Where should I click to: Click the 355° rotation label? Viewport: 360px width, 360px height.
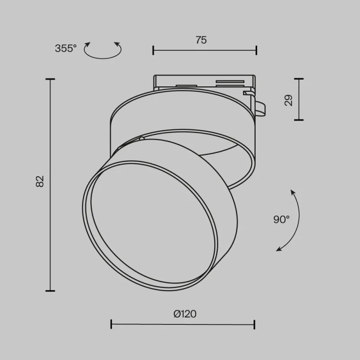(x=66, y=49)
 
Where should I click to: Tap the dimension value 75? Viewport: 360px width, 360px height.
(x=201, y=40)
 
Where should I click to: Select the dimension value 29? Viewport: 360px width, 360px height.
(x=289, y=99)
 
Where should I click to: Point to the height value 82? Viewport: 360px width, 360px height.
(x=40, y=181)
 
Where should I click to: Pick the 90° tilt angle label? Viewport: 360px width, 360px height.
(x=281, y=220)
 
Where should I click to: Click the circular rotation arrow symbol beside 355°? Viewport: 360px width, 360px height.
(x=103, y=50)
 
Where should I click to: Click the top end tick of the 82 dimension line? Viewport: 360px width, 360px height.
(x=50, y=79)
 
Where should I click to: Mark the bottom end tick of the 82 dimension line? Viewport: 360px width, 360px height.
(x=50, y=291)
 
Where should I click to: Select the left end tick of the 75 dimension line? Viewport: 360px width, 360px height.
(x=153, y=50)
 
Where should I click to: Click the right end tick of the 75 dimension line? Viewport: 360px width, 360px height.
(x=256, y=50)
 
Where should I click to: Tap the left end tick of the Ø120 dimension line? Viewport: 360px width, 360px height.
(x=111, y=324)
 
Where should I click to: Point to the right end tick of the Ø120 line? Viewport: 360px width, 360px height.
(x=255, y=324)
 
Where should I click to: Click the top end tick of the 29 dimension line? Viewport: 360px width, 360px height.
(x=298, y=79)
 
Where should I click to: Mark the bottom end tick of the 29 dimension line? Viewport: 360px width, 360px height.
(x=298, y=120)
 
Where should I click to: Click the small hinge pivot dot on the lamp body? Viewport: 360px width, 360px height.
(x=142, y=139)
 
